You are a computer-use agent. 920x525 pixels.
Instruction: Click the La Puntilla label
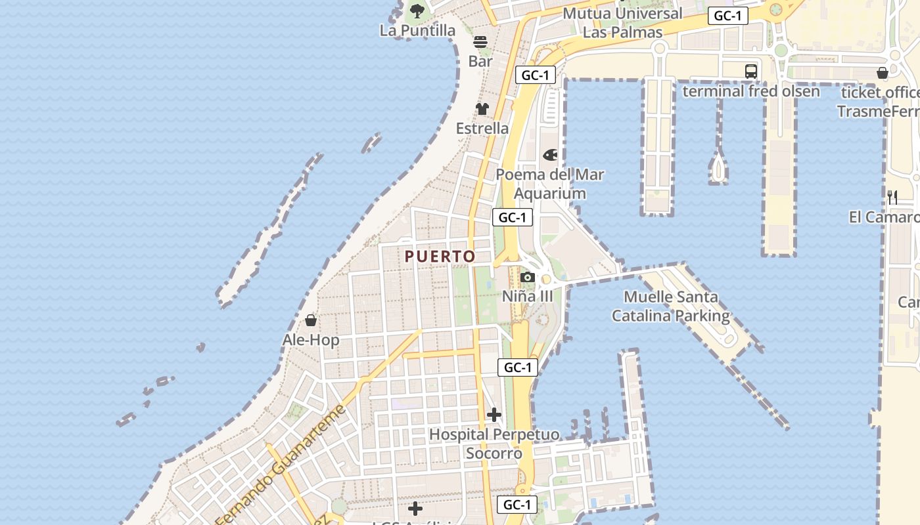(417, 30)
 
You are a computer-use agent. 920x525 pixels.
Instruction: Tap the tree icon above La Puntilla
(417, 10)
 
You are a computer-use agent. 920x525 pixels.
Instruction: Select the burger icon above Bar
(480, 42)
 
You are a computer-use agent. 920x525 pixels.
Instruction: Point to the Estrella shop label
(482, 128)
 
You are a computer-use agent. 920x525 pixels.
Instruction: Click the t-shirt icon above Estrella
(482, 109)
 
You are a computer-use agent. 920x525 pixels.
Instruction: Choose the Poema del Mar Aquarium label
(549, 184)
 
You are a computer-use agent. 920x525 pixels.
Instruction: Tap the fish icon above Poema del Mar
(550, 155)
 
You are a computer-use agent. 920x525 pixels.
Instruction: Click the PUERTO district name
(440, 257)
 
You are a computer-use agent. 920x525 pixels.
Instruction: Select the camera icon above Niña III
(527, 277)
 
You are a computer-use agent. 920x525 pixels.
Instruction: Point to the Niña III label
(527, 296)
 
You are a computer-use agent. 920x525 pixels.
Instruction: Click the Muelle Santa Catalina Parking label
(671, 306)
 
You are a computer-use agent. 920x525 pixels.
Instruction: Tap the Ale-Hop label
(311, 340)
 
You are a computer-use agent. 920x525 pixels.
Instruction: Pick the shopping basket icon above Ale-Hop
(311, 320)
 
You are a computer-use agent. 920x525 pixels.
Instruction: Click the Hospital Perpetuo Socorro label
(494, 444)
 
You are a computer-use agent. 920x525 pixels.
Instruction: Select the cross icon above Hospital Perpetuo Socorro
(494, 415)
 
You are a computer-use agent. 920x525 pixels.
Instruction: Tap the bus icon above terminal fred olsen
(751, 72)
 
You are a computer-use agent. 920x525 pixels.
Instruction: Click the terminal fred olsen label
(751, 91)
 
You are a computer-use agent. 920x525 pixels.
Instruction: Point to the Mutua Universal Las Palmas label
(622, 22)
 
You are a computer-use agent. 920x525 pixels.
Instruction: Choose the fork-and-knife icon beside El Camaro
(892, 197)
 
